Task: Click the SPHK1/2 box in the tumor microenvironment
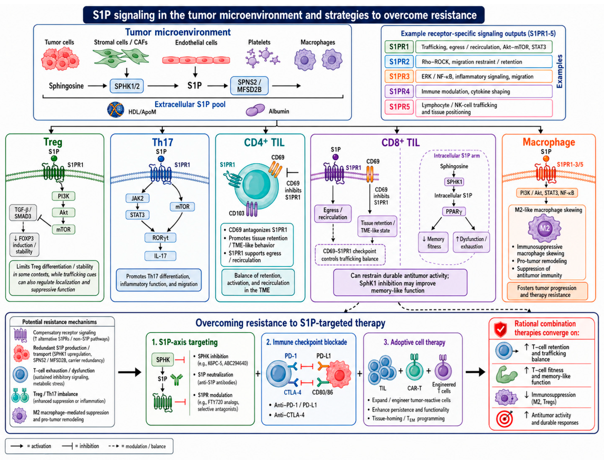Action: tap(127, 86)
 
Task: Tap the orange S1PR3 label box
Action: tap(399, 76)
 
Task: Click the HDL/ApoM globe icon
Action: tap(115, 109)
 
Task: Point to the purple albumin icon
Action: tap(255, 110)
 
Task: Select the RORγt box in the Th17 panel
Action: tap(160, 238)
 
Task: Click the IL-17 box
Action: tap(160, 256)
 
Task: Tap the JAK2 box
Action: tap(137, 198)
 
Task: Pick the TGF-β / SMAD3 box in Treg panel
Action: tap(23, 213)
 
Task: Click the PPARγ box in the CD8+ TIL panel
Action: tap(454, 211)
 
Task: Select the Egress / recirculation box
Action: tap(333, 214)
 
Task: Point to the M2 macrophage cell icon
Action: tap(544, 228)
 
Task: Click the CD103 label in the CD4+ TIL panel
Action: tap(236, 213)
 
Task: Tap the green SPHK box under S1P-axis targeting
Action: tap(163, 360)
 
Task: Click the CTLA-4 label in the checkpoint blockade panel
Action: tap(292, 392)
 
